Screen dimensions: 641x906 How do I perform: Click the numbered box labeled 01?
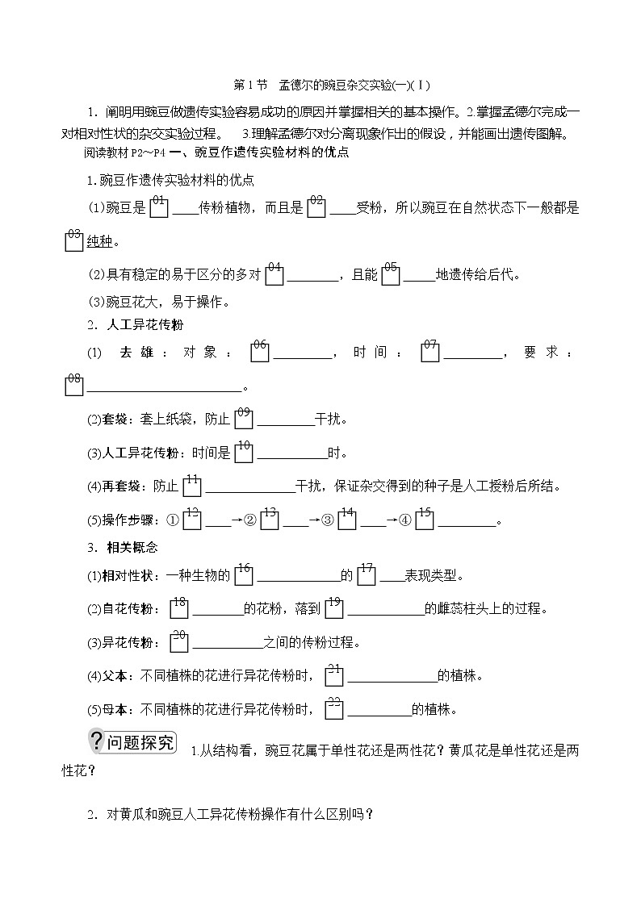pyautogui.click(x=159, y=207)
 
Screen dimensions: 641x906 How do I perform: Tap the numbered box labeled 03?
pyautogui.click(x=73, y=240)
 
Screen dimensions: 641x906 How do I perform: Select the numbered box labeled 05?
pyautogui.click(x=391, y=273)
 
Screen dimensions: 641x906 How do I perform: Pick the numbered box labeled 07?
pyautogui.click(x=429, y=352)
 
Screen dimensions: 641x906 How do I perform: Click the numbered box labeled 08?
pyautogui.click(x=73, y=385)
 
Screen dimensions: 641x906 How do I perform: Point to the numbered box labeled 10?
pyautogui.click(x=244, y=452)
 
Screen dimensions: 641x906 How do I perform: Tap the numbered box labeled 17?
pyautogui.click(x=367, y=574)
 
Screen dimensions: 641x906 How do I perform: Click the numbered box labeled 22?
pyautogui.click(x=334, y=709)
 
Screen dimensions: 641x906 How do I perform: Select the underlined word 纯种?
pyautogui.click(x=102, y=241)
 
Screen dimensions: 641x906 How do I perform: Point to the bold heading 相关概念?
pyautogui.click(x=132, y=547)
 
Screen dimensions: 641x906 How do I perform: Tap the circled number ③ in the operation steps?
pyautogui.click(x=328, y=520)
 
